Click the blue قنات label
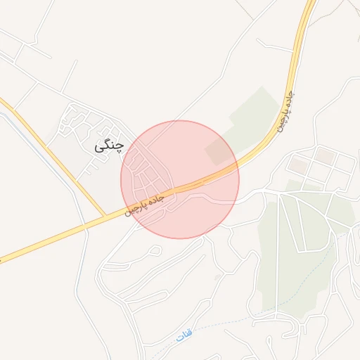click(184, 337)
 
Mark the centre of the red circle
click(180, 179)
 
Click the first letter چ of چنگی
click(119, 146)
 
